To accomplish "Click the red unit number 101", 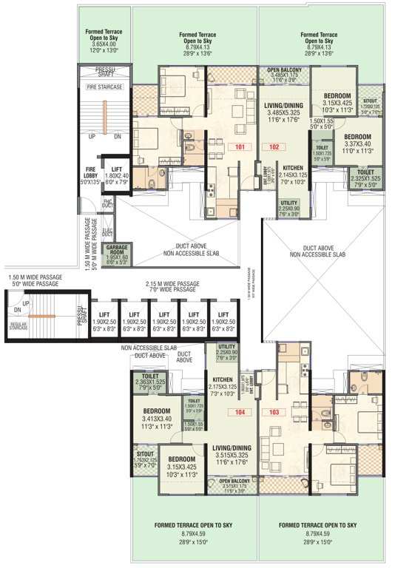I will (239, 146).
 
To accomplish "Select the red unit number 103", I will (275, 412).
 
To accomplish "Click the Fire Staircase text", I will (102, 87).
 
